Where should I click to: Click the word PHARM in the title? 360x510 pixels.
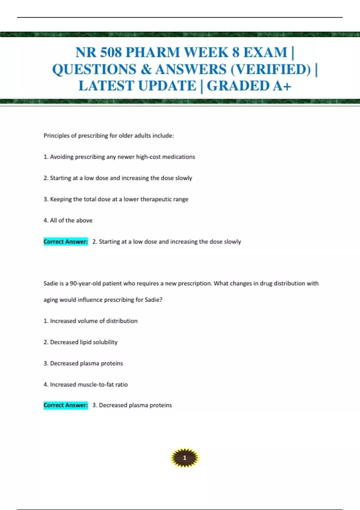point(153,52)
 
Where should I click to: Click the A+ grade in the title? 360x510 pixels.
point(282,86)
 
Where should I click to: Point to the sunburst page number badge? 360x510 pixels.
point(184,458)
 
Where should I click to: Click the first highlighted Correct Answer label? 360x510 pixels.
point(66,241)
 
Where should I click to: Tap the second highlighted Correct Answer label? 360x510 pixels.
point(66,405)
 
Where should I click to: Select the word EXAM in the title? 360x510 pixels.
point(265,52)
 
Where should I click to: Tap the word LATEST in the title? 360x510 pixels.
point(106,86)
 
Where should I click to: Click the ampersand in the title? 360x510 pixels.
point(146,69)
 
